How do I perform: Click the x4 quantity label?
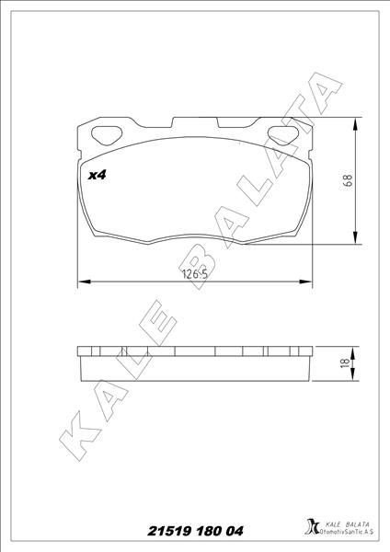(97, 175)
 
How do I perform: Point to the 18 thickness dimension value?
(343, 364)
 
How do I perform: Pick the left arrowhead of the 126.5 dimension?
(83, 281)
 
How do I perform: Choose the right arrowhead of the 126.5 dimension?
(306, 281)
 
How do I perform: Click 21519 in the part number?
(172, 531)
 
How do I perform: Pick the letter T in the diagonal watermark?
(296, 126)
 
